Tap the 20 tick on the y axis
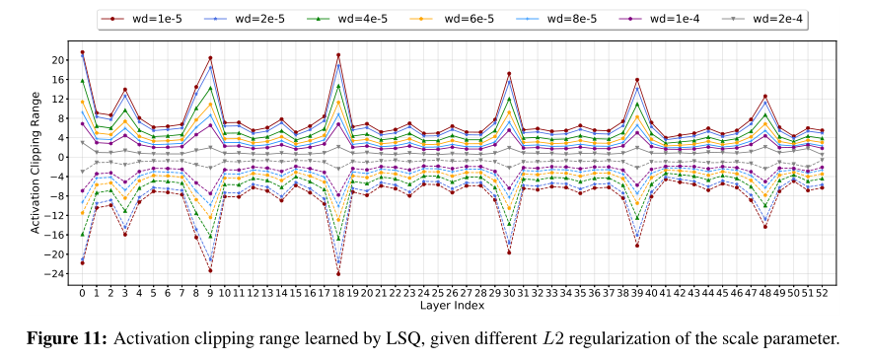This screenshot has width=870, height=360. (62, 59)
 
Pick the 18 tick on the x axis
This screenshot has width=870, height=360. (338, 293)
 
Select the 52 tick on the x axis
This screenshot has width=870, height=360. (821, 293)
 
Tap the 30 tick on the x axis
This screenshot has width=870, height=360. (509, 293)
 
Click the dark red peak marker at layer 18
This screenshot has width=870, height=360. (338, 55)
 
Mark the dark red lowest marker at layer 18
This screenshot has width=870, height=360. (338, 273)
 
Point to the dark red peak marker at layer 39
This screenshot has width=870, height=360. (637, 80)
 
